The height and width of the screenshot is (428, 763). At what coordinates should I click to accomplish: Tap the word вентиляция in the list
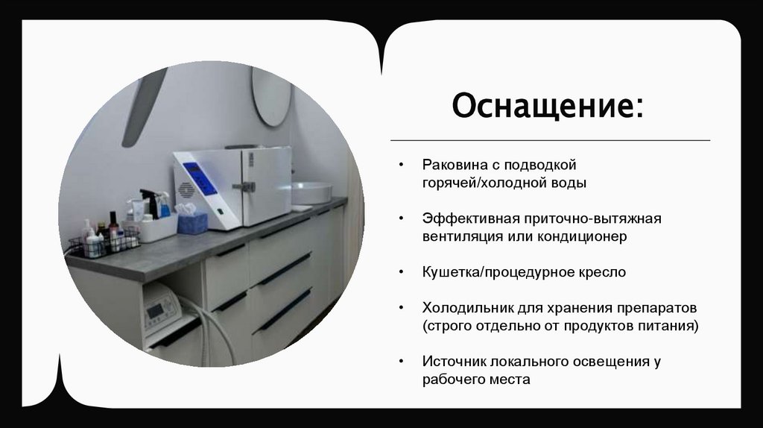[x=458, y=236]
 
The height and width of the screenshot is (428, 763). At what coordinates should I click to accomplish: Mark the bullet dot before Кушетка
[x=402, y=272]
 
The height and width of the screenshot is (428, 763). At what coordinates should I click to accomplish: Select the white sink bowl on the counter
[x=311, y=192]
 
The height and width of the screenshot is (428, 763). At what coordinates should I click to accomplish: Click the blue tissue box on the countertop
[x=192, y=222]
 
